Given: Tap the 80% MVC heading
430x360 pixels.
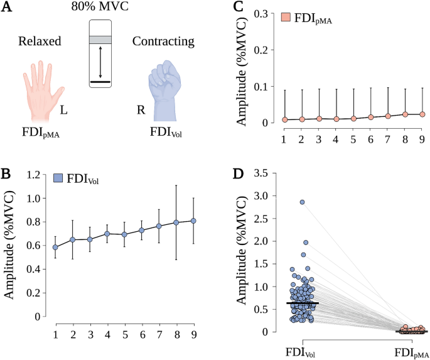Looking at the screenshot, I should coord(100,8).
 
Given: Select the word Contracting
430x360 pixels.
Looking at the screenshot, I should coord(161,43).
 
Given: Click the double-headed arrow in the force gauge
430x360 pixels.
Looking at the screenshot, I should coord(100,62).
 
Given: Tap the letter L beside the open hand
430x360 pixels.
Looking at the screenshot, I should coord(64,111).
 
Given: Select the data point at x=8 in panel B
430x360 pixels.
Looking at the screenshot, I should coord(176,222).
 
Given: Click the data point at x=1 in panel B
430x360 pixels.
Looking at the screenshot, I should coord(56,247).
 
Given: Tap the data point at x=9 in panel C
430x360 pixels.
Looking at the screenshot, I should coord(422,114).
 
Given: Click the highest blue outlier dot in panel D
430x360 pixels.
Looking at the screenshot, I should coord(302,202).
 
